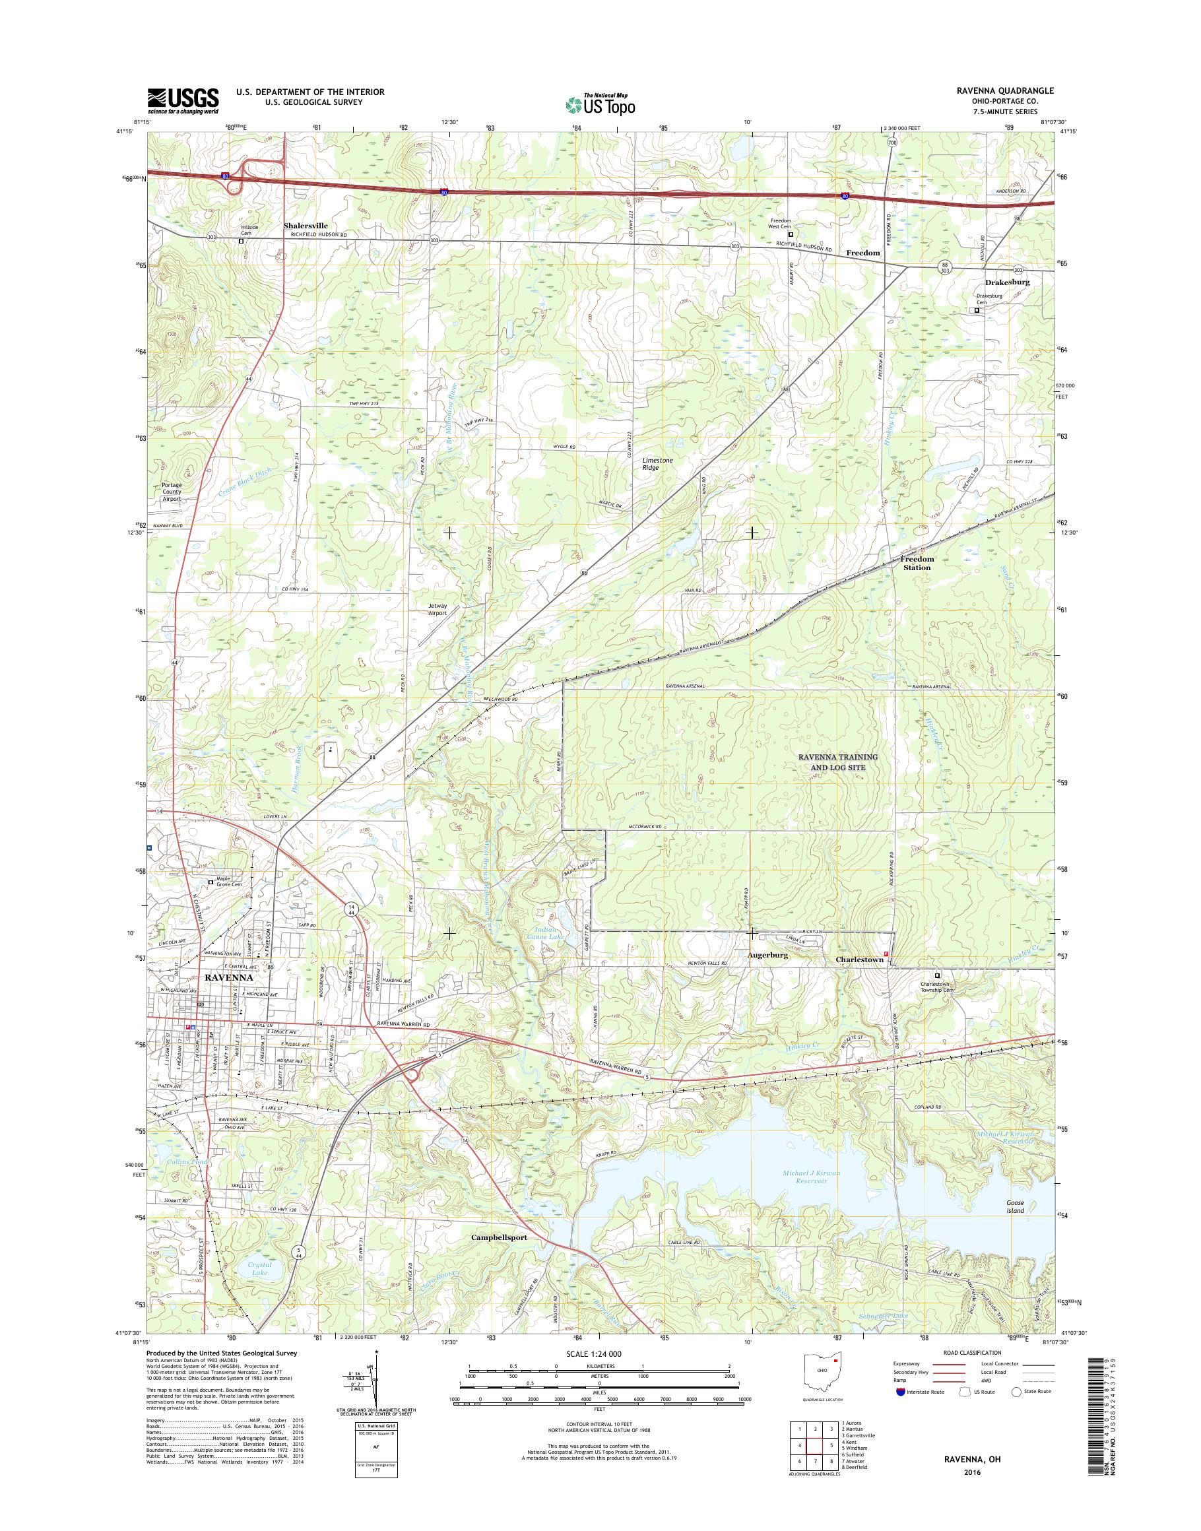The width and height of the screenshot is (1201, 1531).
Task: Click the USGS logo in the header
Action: click(x=183, y=100)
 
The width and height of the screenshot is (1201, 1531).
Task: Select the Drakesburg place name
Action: click(x=1007, y=282)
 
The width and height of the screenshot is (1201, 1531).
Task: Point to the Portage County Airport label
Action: click(x=172, y=492)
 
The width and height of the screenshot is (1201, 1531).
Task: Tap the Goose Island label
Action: click(x=1015, y=1207)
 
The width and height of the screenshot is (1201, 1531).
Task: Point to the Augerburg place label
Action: click(x=768, y=956)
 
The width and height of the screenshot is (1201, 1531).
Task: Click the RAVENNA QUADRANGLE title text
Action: click(x=1009, y=90)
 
